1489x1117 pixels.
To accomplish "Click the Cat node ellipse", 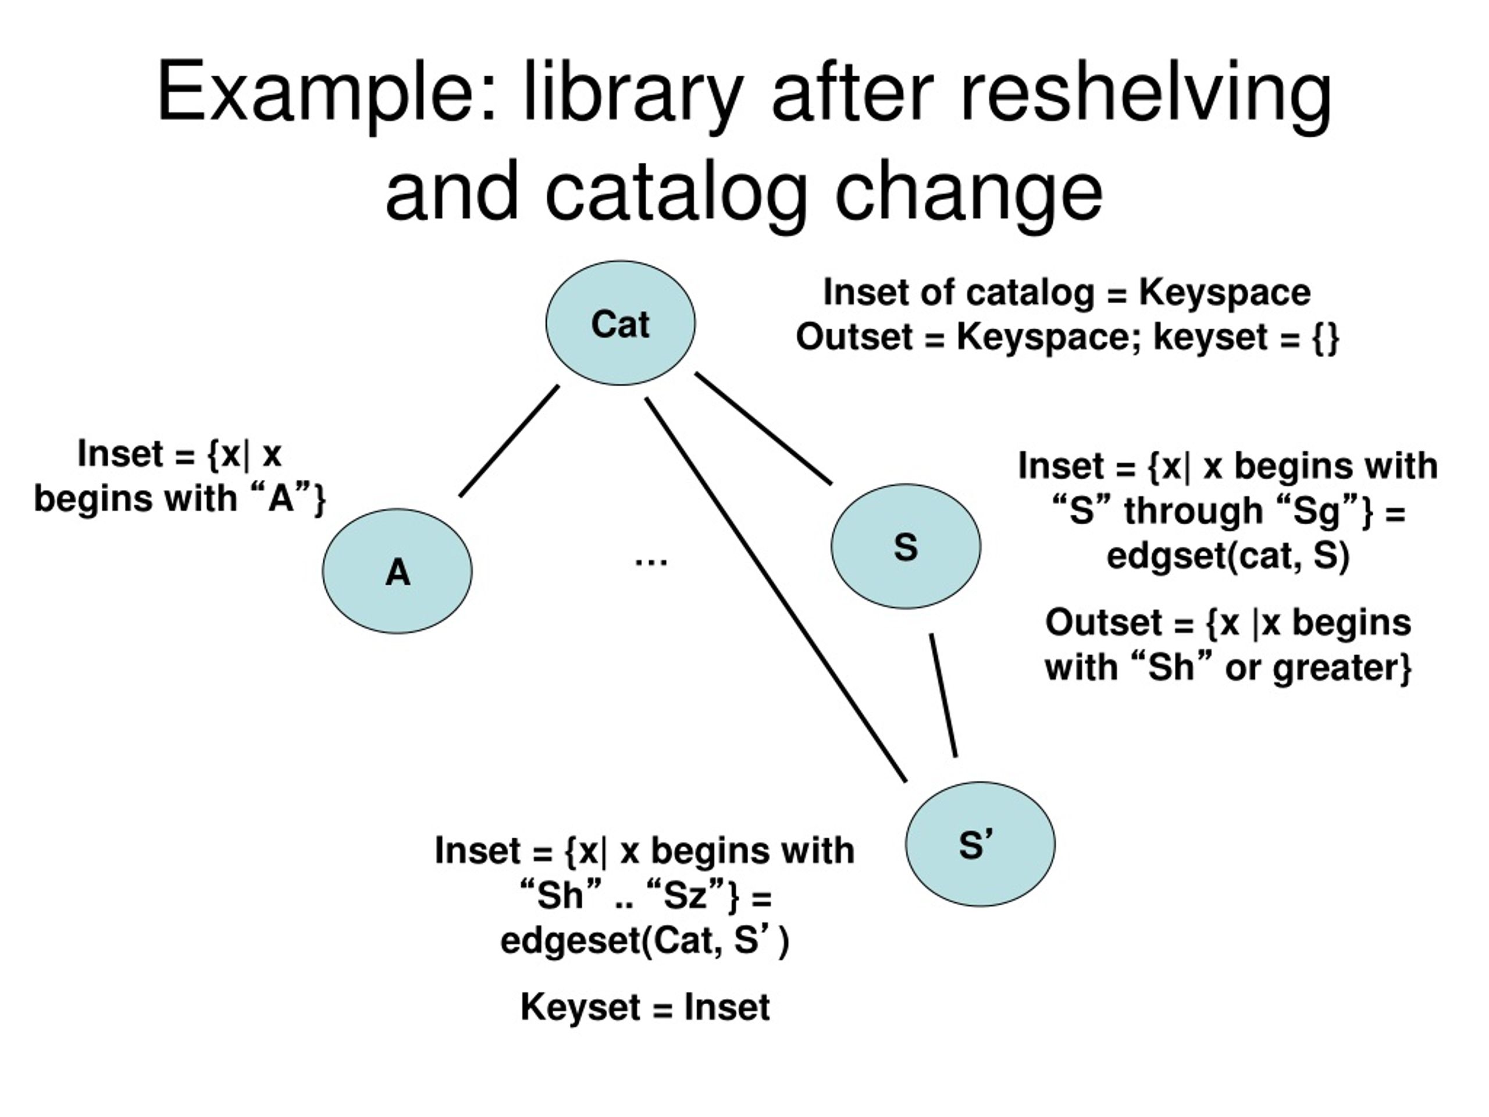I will tap(620, 323).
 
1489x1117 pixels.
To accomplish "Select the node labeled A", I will tap(397, 571).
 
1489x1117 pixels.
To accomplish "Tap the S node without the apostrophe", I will tap(906, 546).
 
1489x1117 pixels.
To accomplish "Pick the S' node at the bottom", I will tap(980, 844).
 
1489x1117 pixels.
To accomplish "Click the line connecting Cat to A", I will tap(509, 441).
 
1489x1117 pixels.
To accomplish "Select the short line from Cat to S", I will tap(763, 428).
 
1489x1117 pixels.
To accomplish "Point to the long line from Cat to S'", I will tap(775, 590).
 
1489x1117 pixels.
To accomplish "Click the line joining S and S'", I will tap(943, 695).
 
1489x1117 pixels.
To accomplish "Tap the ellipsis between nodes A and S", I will tap(651, 561).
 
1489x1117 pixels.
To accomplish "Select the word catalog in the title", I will tap(676, 192).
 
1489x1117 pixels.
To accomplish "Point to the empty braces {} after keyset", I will tap(1326, 337).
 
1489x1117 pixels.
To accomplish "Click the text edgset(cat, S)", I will tap(1228, 556).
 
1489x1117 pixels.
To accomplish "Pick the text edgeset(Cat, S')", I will tap(644, 940).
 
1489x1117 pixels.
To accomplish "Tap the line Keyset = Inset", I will tap(644, 1007).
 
